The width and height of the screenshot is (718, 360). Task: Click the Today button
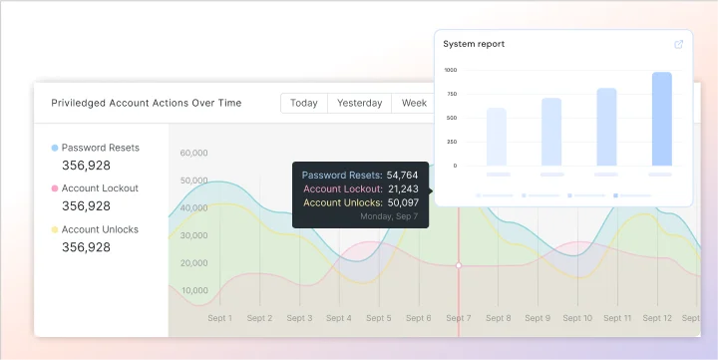coord(304,103)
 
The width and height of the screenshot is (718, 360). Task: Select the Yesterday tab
coord(359,103)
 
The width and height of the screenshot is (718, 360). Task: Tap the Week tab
coord(414,103)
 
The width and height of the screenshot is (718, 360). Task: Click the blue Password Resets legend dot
coord(54,148)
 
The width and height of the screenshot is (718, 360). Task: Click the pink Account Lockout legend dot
coord(54,188)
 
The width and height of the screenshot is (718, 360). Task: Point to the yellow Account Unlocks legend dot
coord(54,229)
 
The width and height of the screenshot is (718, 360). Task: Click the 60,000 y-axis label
coord(193,153)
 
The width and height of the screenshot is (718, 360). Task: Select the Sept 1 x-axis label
coord(219,318)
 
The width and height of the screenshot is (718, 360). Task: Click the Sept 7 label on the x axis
coord(459,318)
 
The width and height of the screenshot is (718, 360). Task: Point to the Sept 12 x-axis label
coord(657,318)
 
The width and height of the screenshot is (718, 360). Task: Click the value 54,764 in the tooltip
coord(402,175)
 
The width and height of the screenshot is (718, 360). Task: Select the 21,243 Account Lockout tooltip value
coord(402,188)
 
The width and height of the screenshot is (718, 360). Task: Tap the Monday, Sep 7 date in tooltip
coord(389,215)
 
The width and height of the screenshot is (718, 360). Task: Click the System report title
coord(474,44)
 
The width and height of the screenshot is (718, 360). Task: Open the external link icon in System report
coord(679,44)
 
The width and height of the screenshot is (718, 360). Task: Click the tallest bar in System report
coord(661,119)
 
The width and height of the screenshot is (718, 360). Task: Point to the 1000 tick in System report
coord(451,70)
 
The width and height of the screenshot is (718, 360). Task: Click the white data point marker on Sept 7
coord(459,265)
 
